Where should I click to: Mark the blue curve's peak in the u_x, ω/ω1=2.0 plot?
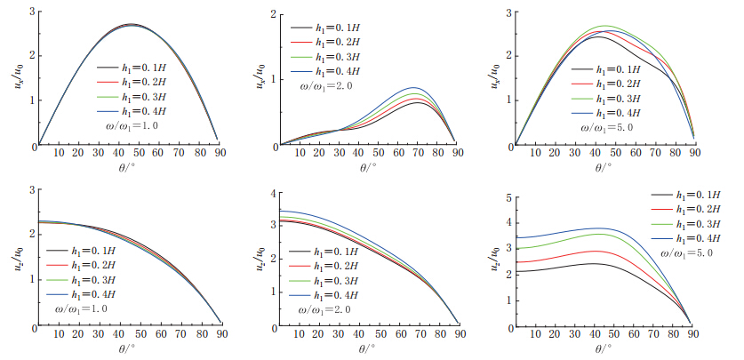point(412,88)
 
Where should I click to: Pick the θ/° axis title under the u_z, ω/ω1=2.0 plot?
point(368,349)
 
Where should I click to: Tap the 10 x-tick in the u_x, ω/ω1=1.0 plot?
point(59,154)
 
